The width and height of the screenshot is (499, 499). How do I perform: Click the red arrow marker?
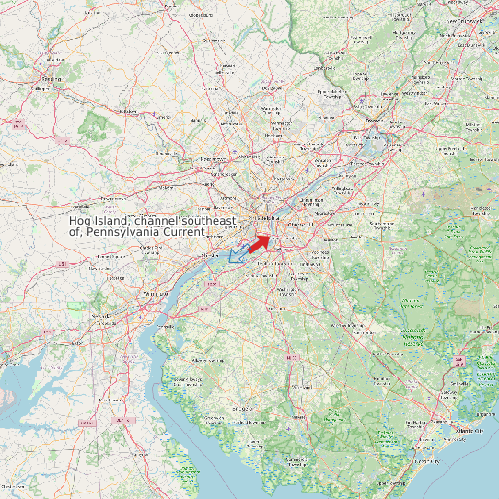pos(259,242)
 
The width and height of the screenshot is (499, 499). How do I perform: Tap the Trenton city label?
pos(374,121)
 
